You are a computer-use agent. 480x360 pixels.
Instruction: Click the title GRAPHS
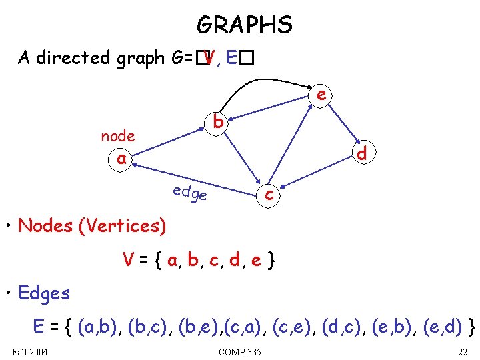pos(244,25)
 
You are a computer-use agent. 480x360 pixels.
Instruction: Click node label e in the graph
pos(321,95)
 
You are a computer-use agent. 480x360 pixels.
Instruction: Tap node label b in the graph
pos(218,123)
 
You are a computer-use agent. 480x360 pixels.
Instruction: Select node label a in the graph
pos(121,159)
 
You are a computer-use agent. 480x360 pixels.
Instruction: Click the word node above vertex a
pos(118,136)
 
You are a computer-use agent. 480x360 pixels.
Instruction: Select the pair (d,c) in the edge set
pos(344,327)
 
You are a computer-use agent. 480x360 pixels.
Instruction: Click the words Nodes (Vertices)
pos(92,226)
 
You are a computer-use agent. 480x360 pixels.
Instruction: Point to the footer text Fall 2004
pos(30,351)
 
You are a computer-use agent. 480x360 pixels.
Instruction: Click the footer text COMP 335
pos(239,351)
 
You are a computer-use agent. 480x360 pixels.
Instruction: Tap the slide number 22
pos(462,351)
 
